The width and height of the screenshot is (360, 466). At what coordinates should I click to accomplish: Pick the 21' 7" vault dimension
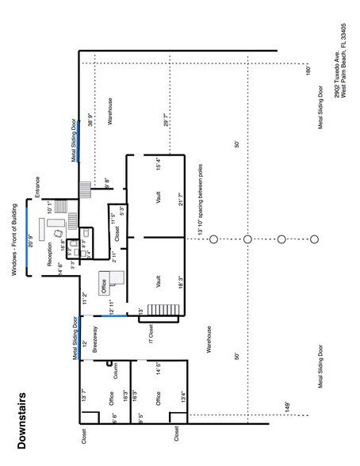pyautogui.click(x=181, y=197)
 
